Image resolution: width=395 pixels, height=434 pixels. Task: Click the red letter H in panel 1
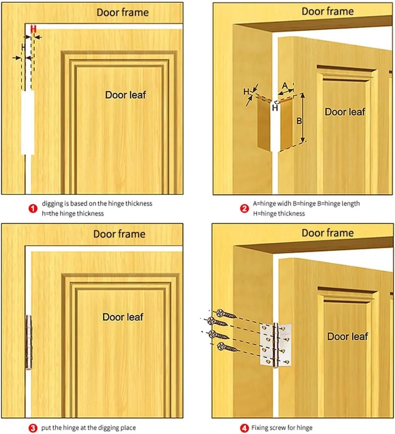(x=33, y=29)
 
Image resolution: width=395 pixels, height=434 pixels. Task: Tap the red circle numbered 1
(x=33, y=208)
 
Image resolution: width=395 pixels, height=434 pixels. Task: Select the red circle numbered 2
(x=244, y=208)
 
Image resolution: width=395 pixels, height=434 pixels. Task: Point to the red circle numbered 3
(x=33, y=428)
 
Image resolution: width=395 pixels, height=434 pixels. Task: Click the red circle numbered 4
(x=244, y=428)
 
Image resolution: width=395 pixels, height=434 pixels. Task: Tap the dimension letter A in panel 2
(x=285, y=86)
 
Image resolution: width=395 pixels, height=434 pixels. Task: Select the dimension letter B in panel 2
(x=299, y=121)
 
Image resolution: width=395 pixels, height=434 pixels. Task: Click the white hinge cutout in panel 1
(x=28, y=122)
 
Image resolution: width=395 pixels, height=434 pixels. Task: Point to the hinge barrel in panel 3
(x=28, y=342)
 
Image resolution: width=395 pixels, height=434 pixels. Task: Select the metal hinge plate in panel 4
(x=276, y=345)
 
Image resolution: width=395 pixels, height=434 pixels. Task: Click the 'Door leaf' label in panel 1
(x=125, y=95)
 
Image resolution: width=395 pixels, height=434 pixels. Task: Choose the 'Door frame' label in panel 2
(x=328, y=11)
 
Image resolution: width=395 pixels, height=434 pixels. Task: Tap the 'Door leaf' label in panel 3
(x=123, y=317)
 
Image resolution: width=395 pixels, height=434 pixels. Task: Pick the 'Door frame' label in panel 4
(x=328, y=233)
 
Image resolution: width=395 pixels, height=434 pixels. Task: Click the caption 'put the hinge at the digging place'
(x=88, y=428)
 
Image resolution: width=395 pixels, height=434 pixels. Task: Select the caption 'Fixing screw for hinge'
(x=282, y=428)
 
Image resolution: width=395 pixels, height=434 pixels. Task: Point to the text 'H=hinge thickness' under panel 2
(x=279, y=213)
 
